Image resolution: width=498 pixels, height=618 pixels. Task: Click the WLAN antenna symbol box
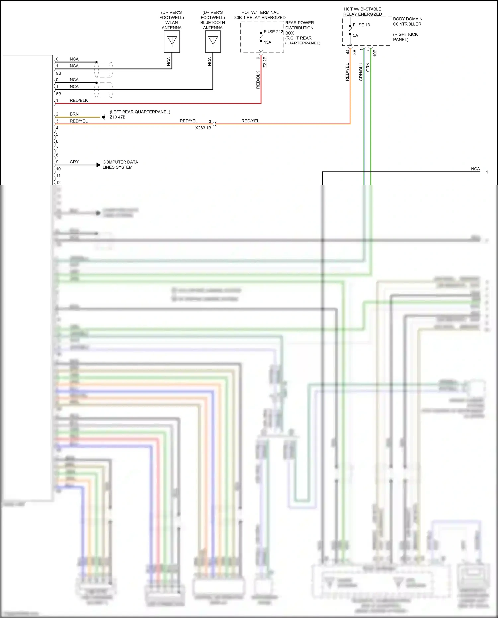pyautogui.click(x=172, y=42)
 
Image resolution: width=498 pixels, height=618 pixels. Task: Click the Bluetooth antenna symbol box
pyautogui.click(x=213, y=42)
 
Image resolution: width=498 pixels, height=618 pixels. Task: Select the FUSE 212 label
pyautogui.click(x=273, y=32)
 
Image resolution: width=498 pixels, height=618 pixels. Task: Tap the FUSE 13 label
pyautogui.click(x=361, y=25)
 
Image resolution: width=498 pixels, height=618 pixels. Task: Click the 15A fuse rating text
pyautogui.click(x=268, y=42)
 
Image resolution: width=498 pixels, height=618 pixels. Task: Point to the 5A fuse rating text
pyautogui.click(x=356, y=35)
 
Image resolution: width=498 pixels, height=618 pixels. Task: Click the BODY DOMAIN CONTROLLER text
pyautogui.click(x=407, y=22)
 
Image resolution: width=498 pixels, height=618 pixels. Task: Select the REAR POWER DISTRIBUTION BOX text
pyautogui.click(x=299, y=28)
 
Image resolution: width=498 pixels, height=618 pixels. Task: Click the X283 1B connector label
pyautogui.click(x=203, y=128)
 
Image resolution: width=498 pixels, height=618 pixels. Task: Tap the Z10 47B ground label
pyautogui.click(x=118, y=117)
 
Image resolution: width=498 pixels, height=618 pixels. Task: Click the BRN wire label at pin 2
pyautogui.click(x=74, y=114)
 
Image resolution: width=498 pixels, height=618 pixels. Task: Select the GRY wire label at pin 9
pyautogui.click(x=74, y=162)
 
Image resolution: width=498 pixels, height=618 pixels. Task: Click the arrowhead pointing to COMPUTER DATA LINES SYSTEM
pyautogui.click(x=98, y=165)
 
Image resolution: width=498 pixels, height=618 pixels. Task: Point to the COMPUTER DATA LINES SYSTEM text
pyautogui.click(x=120, y=165)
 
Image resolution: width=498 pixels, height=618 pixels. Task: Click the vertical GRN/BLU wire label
pyautogui.click(x=361, y=72)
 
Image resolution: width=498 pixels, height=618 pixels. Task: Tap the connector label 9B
pyautogui.click(x=59, y=73)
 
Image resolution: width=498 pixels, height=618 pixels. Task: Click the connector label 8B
pyautogui.click(x=59, y=94)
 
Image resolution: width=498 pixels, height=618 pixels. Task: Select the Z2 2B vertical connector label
pyautogui.click(x=265, y=62)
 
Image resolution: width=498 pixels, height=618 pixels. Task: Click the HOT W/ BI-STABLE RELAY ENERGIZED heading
pyautogui.click(x=363, y=12)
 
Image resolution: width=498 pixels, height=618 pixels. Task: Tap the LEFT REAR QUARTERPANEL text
pyautogui.click(x=140, y=112)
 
